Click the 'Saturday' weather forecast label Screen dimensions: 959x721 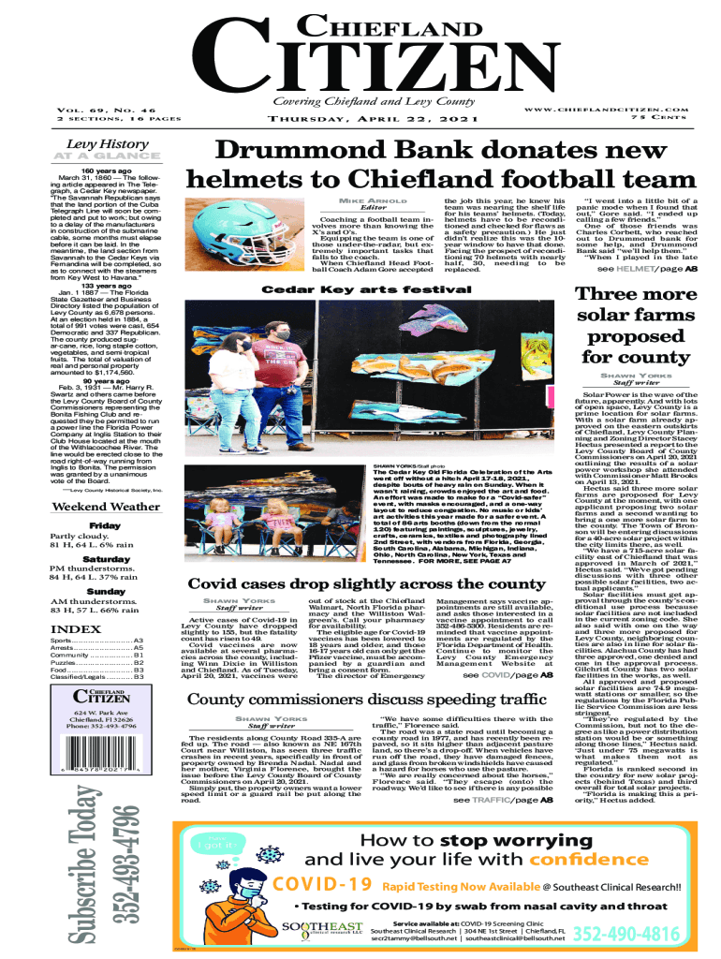[105, 558]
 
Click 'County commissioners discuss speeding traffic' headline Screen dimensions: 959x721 [366, 701]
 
